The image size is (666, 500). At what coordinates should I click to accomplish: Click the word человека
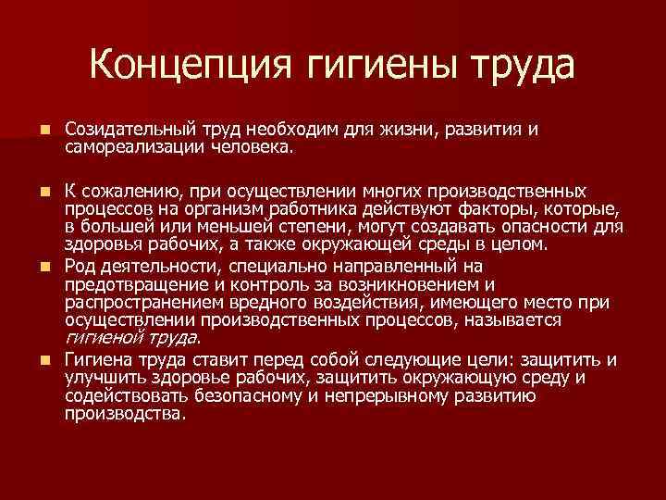coord(253,146)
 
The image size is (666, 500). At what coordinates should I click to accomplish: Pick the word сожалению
coord(124,191)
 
